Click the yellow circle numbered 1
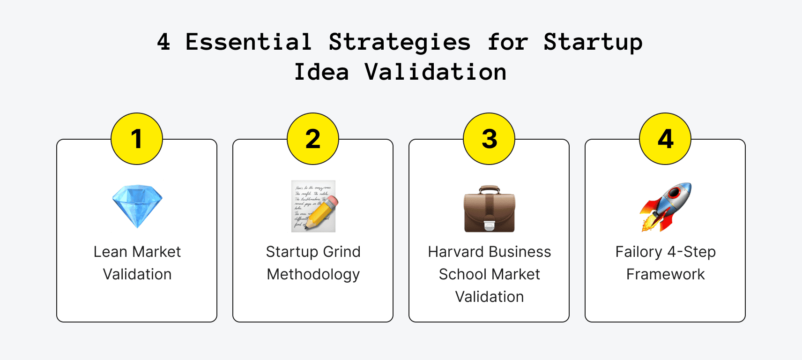(x=137, y=139)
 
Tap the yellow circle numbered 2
(x=313, y=139)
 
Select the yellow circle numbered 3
(x=489, y=139)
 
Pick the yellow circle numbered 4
(x=665, y=139)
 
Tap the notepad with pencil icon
(x=313, y=206)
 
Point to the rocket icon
(x=666, y=207)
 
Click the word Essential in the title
(x=249, y=42)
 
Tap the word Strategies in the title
(x=400, y=42)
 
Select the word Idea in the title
(x=321, y=72)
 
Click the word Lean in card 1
(x=111, y=252)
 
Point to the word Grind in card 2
(x=342, y=252)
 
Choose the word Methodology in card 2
(x=313, y=274)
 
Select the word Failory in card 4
(x=639, y=252)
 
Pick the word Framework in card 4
(x=666, y=274)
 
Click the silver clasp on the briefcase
(x=489, y=225)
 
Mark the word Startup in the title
(x=593, y=42)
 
